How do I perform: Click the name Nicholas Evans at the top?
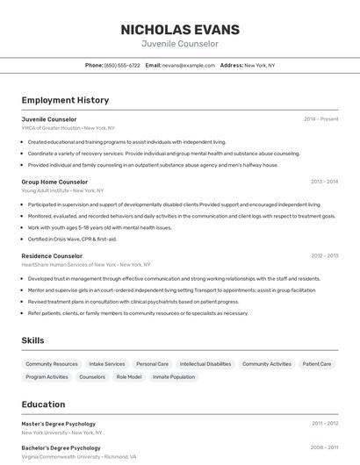click(179, 29)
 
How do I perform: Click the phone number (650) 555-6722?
click(122, 65)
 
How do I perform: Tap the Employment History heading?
click(65, 100)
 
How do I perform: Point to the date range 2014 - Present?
click(321, 118)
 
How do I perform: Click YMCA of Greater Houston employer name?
click(51, 128)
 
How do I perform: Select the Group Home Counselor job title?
click(54, 182)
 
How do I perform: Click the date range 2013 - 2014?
click(324, 182)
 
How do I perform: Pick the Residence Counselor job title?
click(52, 256)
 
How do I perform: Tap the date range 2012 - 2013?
click(324, 256)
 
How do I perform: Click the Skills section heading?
click(33, 340)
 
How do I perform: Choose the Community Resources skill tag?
click(52, 363)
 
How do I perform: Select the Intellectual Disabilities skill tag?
click(205, 363)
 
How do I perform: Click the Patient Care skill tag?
click(317, 363)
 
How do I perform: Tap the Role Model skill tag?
click(129, 376)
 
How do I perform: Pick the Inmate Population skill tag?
click(174, 376)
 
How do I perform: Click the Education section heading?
click(44, 404)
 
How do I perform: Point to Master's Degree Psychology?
click(59, 423)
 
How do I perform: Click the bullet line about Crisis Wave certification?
click(72, 239)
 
